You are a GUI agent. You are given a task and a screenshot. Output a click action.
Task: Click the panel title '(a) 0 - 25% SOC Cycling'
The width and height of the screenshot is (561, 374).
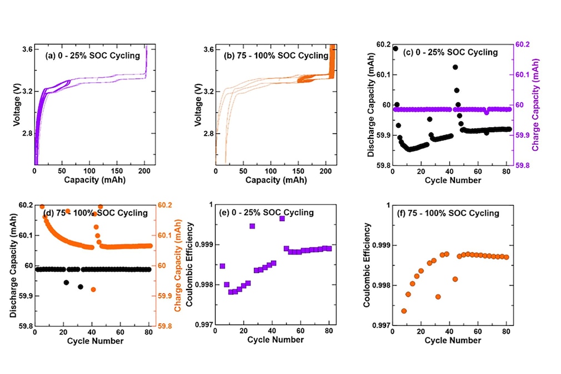(92, 56)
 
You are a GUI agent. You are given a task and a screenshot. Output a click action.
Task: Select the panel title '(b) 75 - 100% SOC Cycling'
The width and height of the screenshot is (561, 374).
(276, 56)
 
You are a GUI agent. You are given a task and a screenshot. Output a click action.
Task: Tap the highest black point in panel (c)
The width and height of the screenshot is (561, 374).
(395, 48)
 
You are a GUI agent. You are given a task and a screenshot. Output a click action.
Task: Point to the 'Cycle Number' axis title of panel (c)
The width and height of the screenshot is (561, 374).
(452, 181)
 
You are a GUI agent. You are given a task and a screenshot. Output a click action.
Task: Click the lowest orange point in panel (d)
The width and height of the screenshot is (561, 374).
(93, 290)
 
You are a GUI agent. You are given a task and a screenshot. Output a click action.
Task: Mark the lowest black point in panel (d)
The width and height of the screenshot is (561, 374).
(81, 287)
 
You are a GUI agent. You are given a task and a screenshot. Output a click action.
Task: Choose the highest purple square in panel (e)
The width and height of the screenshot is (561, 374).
(282, 218)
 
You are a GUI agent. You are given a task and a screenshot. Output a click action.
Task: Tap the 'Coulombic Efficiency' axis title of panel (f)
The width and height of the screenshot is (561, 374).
(367, 265)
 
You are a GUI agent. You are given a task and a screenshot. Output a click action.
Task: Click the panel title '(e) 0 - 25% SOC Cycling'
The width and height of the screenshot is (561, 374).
(276, 213)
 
